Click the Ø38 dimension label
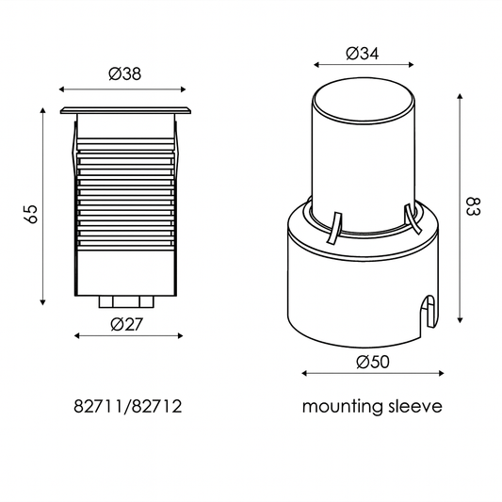(x=125, y=75)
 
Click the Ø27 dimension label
(x=125, y=324)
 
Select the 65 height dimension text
(x=31, y=213)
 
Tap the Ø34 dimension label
(x=363, y=54)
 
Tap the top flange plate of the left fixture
(x=125, y=111)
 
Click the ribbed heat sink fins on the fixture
(x=125, y=188)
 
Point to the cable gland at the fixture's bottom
(x=125, y=301)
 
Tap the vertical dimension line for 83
(x=459, y=207)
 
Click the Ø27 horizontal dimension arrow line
(x=125, y=336)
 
